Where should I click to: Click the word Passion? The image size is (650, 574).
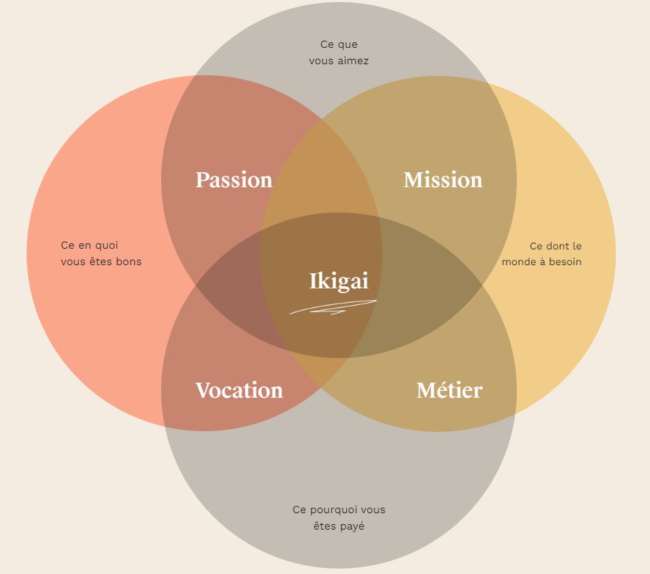coord(234,180)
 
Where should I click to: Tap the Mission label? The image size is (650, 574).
coord(442,180)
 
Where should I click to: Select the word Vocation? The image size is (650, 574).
coord(239,390)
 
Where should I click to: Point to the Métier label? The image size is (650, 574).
coord(449,390)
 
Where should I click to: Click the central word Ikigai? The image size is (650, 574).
coord(339,281)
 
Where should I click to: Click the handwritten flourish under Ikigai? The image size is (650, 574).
coord(333,308)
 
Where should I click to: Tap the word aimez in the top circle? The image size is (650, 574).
coord(354,61)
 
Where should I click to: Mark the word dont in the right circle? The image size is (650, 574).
coord(558,246)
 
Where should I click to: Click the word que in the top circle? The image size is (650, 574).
coord(348,44)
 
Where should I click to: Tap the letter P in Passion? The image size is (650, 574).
coord(202,180)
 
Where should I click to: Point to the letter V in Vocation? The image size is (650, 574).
coord(202,390)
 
